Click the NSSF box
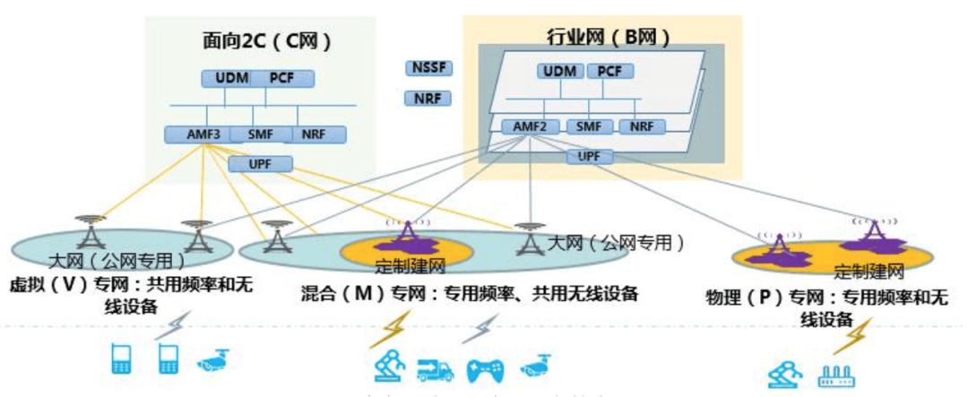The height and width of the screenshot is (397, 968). click(430, 68)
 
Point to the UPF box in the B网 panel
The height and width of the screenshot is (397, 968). click(590, 157)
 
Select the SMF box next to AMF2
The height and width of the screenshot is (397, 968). click(588, 126)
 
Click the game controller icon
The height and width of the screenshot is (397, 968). click(485, 368)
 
